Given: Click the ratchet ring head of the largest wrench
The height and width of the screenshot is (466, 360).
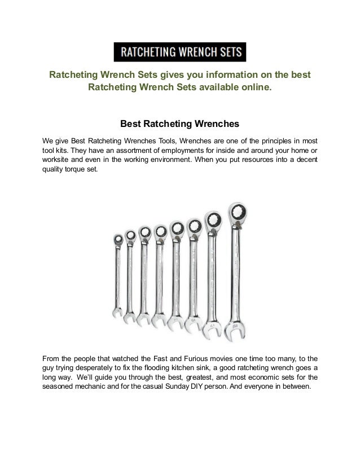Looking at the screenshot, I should click(236, 213).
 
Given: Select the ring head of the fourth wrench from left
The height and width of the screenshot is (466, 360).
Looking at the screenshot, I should click(160, 231).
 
